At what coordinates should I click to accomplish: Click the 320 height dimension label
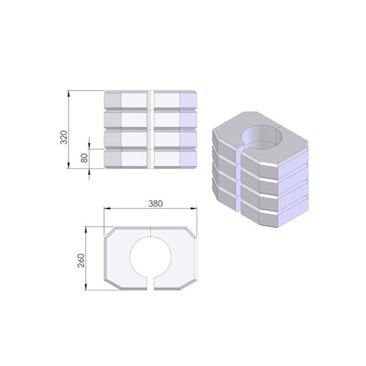(x=63, y=137)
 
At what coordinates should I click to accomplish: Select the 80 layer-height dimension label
(x=85, y=158)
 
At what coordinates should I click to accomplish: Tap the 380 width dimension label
(x=155, y=203)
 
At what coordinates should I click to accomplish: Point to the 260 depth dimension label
(x=81, y=260)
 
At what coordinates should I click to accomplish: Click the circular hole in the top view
(x=150, y=256)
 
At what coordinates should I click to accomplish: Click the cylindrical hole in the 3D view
(x=263, y=137)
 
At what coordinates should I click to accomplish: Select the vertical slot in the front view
(x=150, y=129)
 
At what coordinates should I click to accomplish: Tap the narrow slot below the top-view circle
(x=150, y=283)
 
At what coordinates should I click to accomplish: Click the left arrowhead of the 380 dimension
(x=107, y=208)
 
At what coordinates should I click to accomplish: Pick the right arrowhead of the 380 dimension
(x=194, y=208)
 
